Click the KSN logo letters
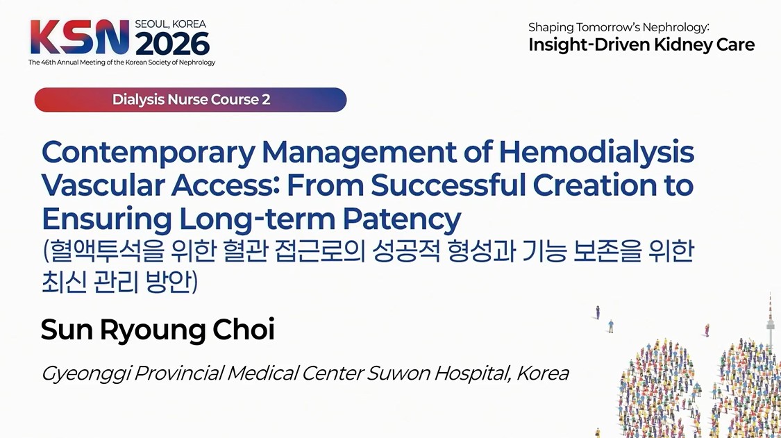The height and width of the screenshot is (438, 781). pyautogui.click(x=80, y=37)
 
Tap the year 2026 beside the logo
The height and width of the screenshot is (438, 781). pyautogui.click(x=172, y=44)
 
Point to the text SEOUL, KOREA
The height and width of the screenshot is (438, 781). pyautogui.click(x=170, y=24)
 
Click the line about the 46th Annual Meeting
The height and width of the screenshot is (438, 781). pyautogui.click(x=121, y=62)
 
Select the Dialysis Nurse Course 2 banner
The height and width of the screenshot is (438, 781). pyautogui.click(x=190, y=100)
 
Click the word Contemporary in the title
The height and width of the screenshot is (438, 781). pyautogui.click(x=149, y=153)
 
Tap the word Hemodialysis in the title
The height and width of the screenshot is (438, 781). pyautogui.click(x=597, y=153)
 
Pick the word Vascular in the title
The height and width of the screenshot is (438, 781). pyautogui.click(x=103, y=185)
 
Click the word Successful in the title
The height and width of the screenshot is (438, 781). pyautogui.click(x=448, y=185)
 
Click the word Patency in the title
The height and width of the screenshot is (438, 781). pyautogui.click(x=401, y=220)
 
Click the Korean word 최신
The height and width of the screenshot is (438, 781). pyautogui.click(x=62, y=282)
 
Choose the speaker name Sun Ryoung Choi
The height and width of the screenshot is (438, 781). pyautogui.click(x=158, y=330)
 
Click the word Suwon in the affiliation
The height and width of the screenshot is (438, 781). pyautogui.click(x=398, y=373)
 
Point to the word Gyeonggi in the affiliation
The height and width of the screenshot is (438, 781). pyautogui.click(x=86, y=374)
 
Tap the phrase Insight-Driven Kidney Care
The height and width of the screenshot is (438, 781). pyautogui.click(x=641, y=45)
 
